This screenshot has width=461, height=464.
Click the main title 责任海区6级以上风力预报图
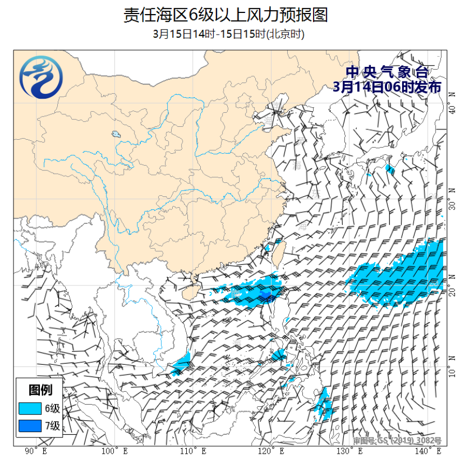coord(225,15)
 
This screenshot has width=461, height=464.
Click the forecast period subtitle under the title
coord(229,35)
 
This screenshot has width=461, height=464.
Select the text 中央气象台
coord(387,72)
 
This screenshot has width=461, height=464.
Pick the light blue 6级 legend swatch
coord(30,408)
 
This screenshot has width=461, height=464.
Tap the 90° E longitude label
coord(37,451)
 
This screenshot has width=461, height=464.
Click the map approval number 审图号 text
coord(397,441)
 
